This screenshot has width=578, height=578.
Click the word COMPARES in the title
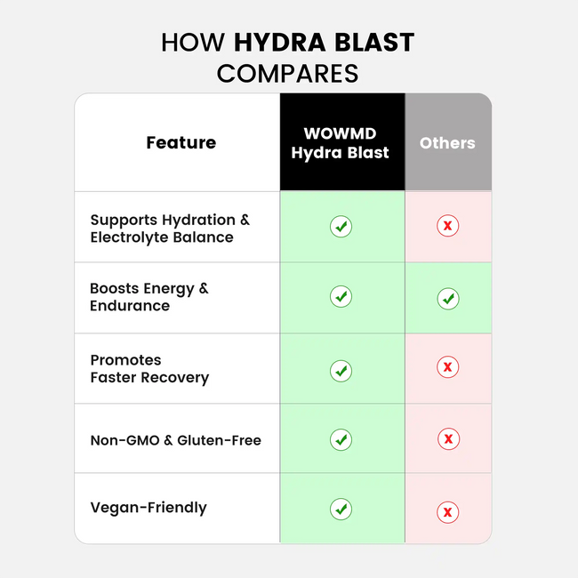click(x=287, y=73)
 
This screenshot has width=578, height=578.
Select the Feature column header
click(x=181, y=142)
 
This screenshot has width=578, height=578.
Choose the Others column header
click(x=447, y=142)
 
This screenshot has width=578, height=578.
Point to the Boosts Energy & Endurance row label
click(x=149, y=297)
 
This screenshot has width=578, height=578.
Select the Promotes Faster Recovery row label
click(x=149, y=368)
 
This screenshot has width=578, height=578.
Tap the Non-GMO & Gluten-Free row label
click(x=175, y=439)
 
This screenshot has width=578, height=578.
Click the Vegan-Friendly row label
click(x=148, y=508)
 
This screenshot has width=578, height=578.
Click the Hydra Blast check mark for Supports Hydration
click(x=341, y=226)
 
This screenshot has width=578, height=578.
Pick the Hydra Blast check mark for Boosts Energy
click(x=341, y=296)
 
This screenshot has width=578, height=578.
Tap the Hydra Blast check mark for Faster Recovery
click(x=341, y=370)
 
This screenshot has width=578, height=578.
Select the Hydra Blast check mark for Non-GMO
click(x=341, y=438)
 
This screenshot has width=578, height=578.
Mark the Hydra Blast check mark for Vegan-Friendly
click(x=341, y=509)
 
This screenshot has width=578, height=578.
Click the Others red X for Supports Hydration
click(x=448, y=226)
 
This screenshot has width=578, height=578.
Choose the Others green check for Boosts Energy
click(x=448, y=299)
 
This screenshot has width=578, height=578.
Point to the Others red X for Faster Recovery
click(x=448, y=366)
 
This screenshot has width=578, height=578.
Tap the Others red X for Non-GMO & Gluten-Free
click(x=448, y=438)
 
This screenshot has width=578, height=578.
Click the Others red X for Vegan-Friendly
click(x=448, y=511)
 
